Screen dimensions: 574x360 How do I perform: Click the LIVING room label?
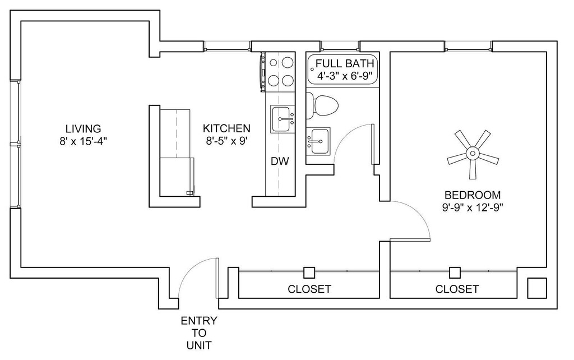coord(83,129)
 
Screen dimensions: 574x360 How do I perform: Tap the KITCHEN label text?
coord(226,128)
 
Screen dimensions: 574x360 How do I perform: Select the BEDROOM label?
coord(472,195)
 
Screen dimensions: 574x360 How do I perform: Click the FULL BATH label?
coord(345,63)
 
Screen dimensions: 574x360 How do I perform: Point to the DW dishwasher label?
coord(280,161)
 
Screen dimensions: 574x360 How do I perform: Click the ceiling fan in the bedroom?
coord(473,153)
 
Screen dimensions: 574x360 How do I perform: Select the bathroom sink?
coord(318,141)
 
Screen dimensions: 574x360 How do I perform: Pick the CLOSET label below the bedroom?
coord(457,289)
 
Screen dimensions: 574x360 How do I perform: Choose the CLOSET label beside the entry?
coord(309,289)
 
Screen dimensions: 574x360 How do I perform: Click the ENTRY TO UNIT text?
coord(199,333)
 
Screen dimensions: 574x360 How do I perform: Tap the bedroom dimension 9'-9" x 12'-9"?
coord(472,207)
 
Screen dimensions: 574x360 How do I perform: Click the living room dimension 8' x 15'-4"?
coord(83,141)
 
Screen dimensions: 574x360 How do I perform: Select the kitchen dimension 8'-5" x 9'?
coord(227,141)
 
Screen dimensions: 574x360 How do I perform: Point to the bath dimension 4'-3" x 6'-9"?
coord(345,76)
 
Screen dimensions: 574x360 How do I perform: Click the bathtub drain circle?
coord(312,69)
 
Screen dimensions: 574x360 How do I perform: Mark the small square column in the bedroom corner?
coord(536,288)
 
